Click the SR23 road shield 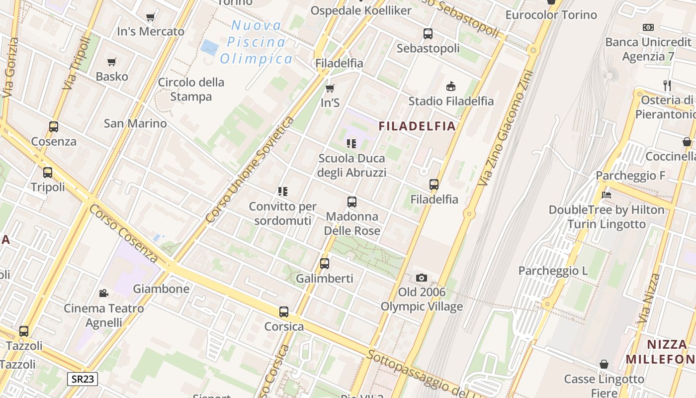coord(83,379)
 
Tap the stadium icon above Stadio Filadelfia coord(451,87)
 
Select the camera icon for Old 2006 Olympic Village coord(422,278)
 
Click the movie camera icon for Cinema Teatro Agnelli coord(104,293)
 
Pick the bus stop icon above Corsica coord(284,312)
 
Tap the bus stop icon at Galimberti coord(325,264)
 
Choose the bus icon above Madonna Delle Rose coord(352,202)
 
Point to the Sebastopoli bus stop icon coord(428,34)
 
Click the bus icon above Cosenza coord(54,127)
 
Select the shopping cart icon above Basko coord(112,62)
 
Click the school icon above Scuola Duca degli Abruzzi coord(351,144)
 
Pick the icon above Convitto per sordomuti coord(283,192)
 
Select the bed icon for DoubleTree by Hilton coord(607,195)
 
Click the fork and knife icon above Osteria coord(667,85)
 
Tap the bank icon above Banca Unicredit coord(648,27)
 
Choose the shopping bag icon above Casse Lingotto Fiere coord(604,364)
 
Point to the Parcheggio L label coord(553,271)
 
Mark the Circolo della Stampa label coord(191,89)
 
